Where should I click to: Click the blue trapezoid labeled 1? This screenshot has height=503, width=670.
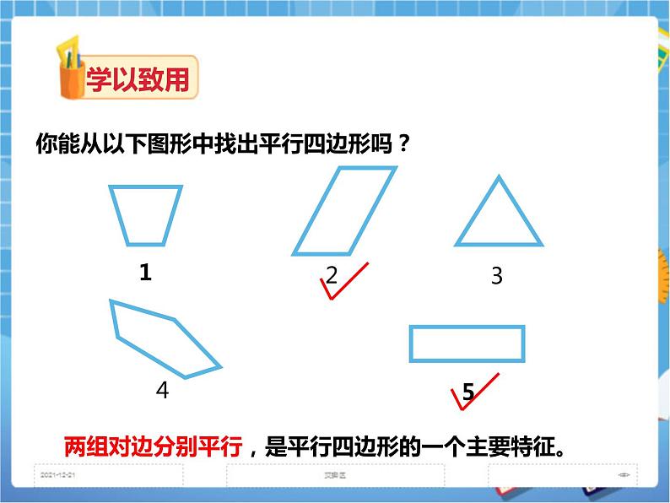tap(145, 215)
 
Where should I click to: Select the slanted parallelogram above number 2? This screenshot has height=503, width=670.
tap(343, 211)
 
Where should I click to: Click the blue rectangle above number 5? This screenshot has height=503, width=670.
tap(467, 343)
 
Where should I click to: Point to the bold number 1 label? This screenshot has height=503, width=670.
tap(145, 273)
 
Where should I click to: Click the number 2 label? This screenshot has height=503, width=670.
tap(332, 274)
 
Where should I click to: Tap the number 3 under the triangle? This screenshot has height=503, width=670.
tap(496, 276)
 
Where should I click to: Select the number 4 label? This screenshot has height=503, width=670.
tap(162, 390)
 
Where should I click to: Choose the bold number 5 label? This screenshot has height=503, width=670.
tap(468, 391)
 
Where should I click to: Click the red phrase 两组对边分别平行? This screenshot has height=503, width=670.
tap(154, 446)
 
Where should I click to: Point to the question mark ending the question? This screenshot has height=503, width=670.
tap(403, 144)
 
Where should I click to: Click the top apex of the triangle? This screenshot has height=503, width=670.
tap(500, 177)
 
